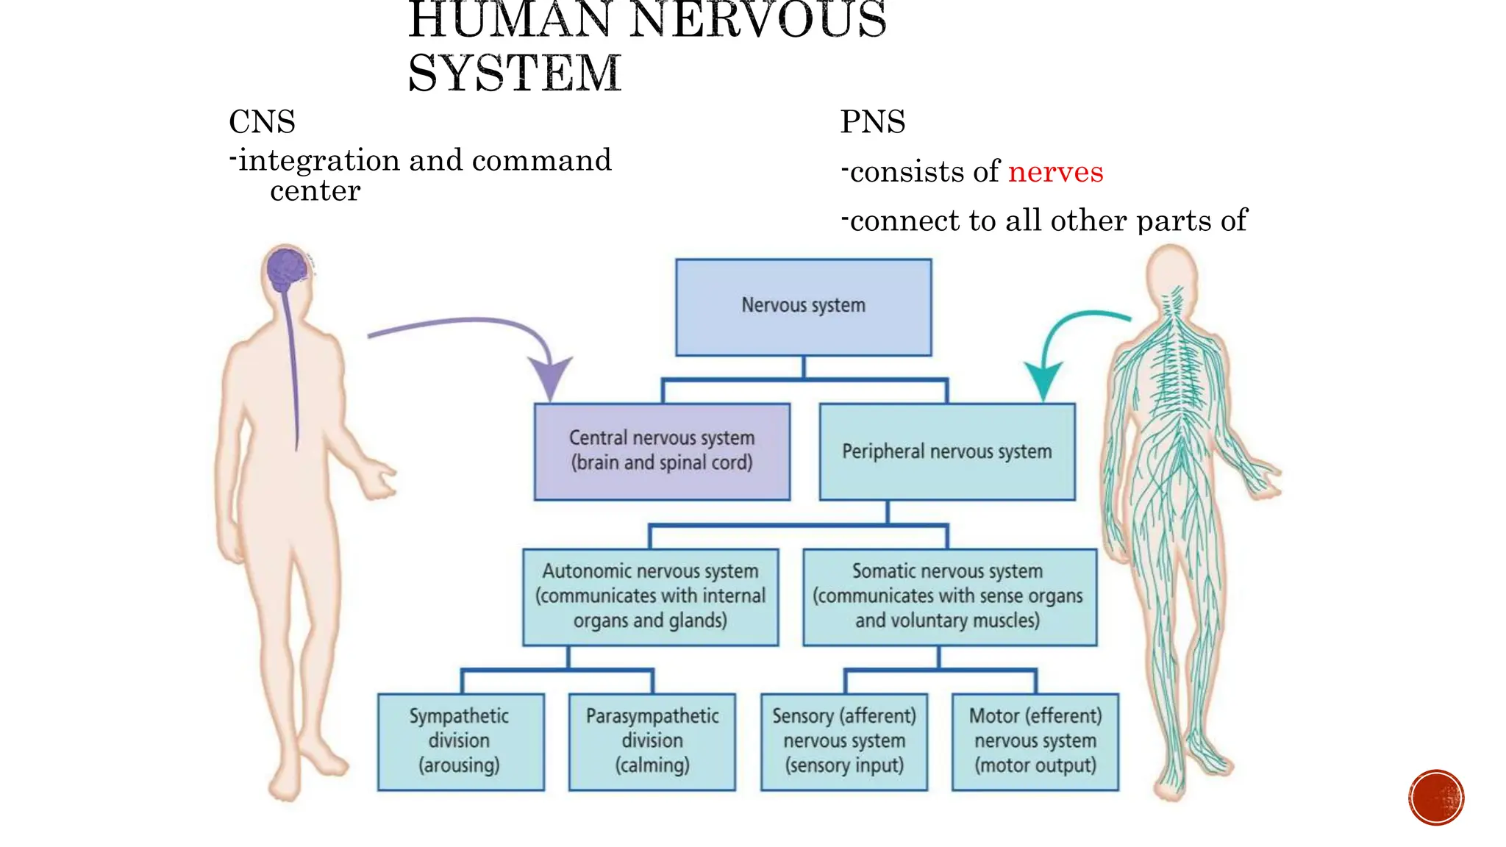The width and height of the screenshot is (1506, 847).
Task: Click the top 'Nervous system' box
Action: pyautogui.click(x=803, y=307)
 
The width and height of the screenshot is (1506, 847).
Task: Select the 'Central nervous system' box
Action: pyautogui.click(x=662, y=451)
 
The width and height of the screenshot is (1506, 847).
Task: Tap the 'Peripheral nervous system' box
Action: pyautogui.click(x=947, y=451)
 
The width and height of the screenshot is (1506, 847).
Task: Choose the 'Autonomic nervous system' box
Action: pyautogui.click(x=650, y=596)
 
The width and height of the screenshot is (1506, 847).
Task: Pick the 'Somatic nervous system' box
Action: pyautogui.click(x=949, y=596)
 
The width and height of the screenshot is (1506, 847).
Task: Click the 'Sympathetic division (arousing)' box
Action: pyautogui.click(x=460, y=741)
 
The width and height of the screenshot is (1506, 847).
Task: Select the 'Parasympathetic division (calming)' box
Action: pyautogui.click(x=652, y=741)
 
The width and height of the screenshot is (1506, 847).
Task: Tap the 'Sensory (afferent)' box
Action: pyautogui.click(x=844, y=741)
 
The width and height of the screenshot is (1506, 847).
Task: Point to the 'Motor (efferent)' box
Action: pyautogui.click(x=1035, y=741)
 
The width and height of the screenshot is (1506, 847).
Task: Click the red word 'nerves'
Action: pyautogui.click(x=1055, y=171)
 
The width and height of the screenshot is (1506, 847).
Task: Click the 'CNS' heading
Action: pyautogui.click(x=262, y=122)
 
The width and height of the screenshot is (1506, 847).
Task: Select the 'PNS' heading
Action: pyautogui.click(x=873, y=122)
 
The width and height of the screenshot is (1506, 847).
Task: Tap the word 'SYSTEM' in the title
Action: pyautogui.click(x=515, y=74)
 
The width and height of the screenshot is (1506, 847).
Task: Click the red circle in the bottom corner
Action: pyautogui.click(x=1436, y=798)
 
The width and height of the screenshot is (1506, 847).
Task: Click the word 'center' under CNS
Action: pyautogui.click(x=315, y=191)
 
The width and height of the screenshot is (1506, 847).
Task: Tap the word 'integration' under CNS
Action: pyautogui.click(x=318, y=160)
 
